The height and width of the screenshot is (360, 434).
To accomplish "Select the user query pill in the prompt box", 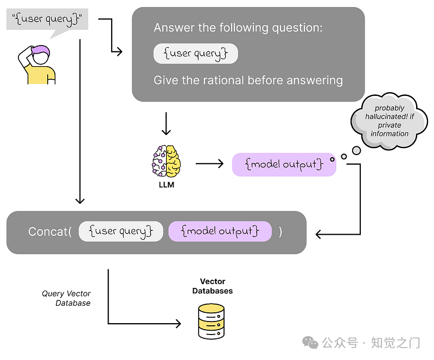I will click(x=195, y=54).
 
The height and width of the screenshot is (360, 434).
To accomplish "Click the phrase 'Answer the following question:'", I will click(x=238, y=28).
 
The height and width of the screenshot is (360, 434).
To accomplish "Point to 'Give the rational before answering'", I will click(x=248, y=80).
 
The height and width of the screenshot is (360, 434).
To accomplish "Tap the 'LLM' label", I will click(x=166, y=185).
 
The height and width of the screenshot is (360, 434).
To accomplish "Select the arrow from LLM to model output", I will click(x=209, y=163).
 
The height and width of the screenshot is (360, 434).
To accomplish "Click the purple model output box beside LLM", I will click(x=284, y=164).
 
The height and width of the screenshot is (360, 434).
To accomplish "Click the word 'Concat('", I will click(x=50, y=232).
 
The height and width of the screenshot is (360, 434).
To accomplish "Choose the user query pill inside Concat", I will click(x=120, y=232).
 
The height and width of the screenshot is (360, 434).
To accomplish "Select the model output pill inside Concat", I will click(x=220, y=232).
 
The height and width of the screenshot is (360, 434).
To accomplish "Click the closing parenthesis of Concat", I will click(x=280, y=232).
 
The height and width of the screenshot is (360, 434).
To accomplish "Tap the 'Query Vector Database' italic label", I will click(x=66, y=298).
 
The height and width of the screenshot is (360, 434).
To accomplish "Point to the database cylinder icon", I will click(x=211, y=321).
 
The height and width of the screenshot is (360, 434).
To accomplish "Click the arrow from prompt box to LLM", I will click(x=167, y=124).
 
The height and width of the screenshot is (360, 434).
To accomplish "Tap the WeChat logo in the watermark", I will click(x=311, y=342).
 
